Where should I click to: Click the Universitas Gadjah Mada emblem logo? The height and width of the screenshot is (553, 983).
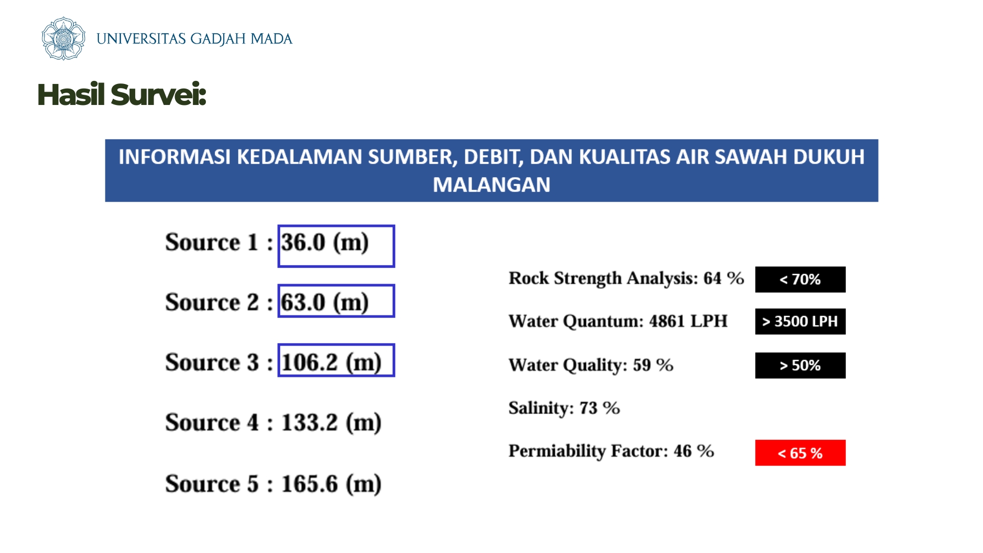coord(63,38)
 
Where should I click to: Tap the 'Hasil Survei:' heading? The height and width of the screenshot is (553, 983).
coord(122,95)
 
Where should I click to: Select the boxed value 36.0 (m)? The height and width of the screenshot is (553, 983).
coord(336,246)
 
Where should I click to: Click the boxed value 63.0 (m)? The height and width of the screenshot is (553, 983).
coord(336,301)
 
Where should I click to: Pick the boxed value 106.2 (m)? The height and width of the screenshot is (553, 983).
coord(336,360)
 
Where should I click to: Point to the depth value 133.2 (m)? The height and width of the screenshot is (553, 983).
coord(331,423)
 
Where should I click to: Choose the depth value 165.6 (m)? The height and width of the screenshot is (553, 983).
coord(331,484)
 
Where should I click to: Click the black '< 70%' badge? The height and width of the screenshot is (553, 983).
coord(800,280)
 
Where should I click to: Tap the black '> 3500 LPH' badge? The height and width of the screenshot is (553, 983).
coord(800,322)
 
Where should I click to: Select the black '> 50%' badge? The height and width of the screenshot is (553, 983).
coord(800,366)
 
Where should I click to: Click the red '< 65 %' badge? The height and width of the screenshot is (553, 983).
coord(800,453)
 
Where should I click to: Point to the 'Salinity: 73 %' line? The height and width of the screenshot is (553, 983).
coord(564,408)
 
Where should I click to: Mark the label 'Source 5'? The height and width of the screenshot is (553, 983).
coord(212,484)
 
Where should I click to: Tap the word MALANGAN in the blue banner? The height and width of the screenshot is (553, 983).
coord(491,185)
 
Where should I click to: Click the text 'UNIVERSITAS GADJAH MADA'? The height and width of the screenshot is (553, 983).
coord(195,39)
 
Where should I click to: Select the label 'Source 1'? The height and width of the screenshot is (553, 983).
coord(212,242)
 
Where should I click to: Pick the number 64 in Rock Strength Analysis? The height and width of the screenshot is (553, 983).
coord(712,278)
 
